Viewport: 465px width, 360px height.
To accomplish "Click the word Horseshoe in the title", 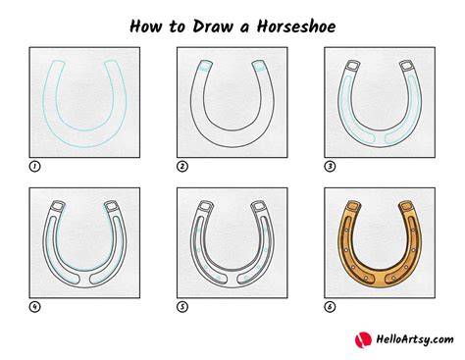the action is coord(296,26).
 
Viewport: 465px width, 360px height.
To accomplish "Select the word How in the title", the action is coord(146,26).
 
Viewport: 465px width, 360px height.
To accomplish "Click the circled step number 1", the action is coord(34,167).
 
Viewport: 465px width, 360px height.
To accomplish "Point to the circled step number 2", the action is coord(182,167).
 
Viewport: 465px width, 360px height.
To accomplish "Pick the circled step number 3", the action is coord(330,167).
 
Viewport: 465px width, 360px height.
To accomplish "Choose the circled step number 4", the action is coord(34,307).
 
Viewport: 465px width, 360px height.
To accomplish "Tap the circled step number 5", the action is coord(182,307).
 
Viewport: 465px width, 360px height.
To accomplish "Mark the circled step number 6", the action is coord(330,307).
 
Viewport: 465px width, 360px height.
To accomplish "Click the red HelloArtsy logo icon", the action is coord(363,339).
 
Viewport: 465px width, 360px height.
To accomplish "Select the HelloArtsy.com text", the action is coord(415,339).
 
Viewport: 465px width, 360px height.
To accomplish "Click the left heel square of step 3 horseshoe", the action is coord(353,66).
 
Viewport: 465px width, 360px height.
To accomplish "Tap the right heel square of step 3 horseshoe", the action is coord(406,66).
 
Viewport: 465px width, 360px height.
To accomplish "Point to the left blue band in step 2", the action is coord(204,69).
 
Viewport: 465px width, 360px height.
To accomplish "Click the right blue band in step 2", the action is coord(259,68).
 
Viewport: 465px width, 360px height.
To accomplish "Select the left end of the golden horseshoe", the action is coord(353,206).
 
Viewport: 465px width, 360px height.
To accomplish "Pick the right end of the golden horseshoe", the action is coord(406,206).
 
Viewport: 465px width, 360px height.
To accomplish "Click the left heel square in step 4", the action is coord(58,206).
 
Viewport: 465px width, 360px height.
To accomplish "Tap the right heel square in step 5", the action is coord(259,206).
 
